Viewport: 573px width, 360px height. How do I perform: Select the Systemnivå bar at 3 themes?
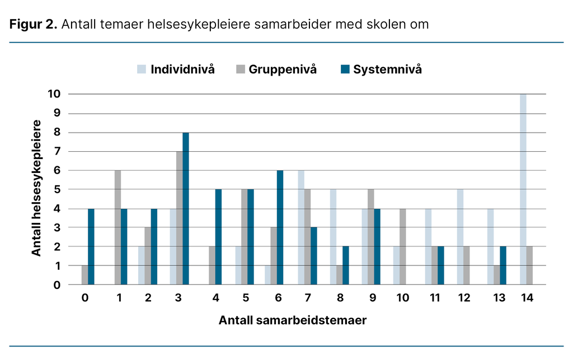pyautogui.click(x=185, y=208)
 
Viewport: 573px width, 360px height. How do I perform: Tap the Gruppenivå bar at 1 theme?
pyautogui.click(x=118, y=227)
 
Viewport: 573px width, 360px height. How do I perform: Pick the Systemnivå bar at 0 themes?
pyautogui.click(x=91, y=246)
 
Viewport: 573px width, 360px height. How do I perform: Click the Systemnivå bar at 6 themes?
pyautogui.click(x=280, y=227)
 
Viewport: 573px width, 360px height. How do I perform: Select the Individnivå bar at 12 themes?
pyautogui.click(x=460, y=237)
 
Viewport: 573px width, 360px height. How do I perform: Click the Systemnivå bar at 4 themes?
pyautogui.click(x=218, y=237)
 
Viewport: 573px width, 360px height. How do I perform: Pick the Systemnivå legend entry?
pyautogui.click(x=381, y=69)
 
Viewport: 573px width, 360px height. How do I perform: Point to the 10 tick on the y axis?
pyautogui.click(x=54, y=94)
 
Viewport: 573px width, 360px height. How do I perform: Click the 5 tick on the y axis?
pyautogui.click(x=57, y=189)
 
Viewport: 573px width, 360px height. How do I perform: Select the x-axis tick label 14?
pyautogui.click(x=527, y=298)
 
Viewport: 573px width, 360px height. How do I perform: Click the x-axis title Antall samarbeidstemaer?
pyautogui.click(x=293, y=321)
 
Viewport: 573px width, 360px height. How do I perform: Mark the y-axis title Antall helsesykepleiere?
pyautogui.click(x=36, y=188)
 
